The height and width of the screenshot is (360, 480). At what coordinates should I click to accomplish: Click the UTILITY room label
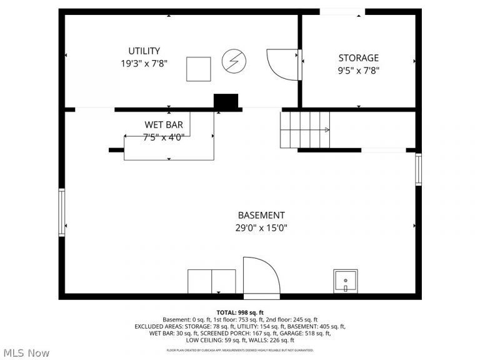pos(144,51)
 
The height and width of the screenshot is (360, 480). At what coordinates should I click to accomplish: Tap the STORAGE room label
pos(358,57)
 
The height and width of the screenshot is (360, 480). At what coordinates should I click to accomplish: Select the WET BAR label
pos(164,125)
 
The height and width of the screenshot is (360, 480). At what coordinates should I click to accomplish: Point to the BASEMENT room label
pos(261,215)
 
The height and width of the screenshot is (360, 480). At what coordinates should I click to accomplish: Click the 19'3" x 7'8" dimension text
pos(144,63)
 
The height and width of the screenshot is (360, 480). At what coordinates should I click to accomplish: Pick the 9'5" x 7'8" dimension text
pos(358,70)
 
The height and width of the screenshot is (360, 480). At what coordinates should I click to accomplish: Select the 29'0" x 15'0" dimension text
pos(261,228)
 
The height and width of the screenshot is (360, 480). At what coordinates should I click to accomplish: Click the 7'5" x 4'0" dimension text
pos(164,137)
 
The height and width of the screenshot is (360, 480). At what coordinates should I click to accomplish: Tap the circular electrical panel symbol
pos(234,61)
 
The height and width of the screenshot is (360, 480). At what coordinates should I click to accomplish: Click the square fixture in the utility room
pos(199,69)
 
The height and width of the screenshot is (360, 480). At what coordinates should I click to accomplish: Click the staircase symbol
pos(305,129)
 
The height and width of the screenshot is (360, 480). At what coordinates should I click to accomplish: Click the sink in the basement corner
pos(345,281)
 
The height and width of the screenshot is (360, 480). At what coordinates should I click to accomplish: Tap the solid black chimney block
pos(226,102)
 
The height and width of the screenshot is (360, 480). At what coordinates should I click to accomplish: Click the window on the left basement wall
pos(61,212)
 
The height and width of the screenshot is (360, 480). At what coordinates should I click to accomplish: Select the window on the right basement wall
pos(418,169)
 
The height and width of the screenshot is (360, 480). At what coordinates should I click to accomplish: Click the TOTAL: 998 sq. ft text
pos(240,312)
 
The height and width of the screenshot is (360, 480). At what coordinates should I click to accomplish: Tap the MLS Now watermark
pos(25,353)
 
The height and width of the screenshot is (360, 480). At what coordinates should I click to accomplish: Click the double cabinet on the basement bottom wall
pos(212,281)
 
